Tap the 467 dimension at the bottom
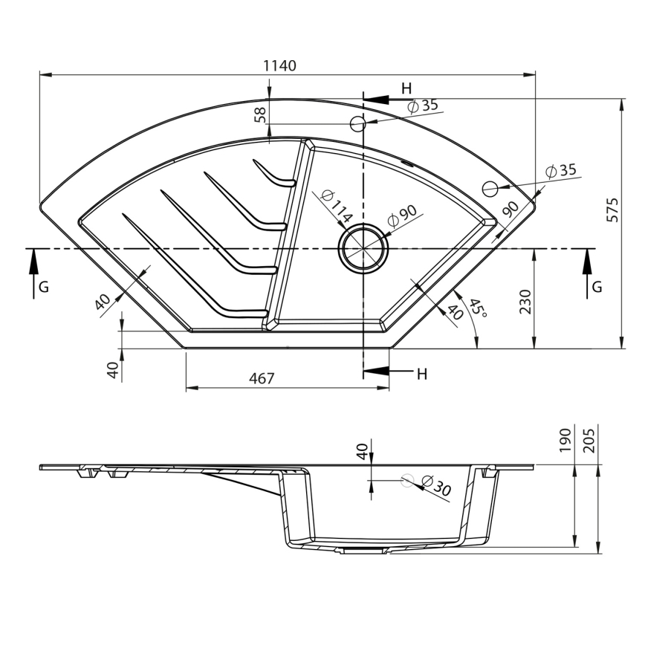pos(262,378)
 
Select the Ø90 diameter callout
pos(403,216)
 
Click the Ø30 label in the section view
pos(436,488)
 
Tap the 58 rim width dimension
pos(259,114)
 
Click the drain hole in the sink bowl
pos(363,247)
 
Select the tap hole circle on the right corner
pos(490,188)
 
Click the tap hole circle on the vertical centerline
pos(358,124)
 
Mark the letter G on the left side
pos(45,287)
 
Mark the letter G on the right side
pos(597,287)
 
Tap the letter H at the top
pos(406,88)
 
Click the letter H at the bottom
pos(421,374)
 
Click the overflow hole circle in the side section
pos(406,481)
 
